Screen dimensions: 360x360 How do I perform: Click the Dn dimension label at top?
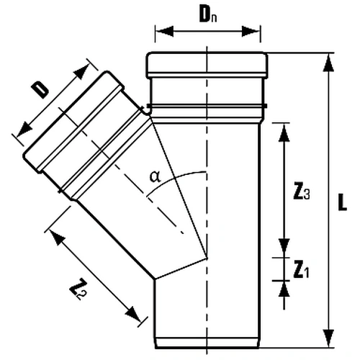(x=208, y=15)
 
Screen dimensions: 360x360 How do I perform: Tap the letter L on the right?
(x=343, y=204)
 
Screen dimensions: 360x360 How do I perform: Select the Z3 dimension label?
(x=302, y=192)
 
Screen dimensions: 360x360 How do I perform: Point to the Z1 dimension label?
(x=301, y=271)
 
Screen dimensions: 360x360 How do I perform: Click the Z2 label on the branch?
(x=78, y=289)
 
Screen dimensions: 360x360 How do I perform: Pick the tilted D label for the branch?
(x=40, y=90)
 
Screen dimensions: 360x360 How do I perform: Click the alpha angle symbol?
(x=155, y=177)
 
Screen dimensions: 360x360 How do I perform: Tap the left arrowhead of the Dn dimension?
(x=165, y=31)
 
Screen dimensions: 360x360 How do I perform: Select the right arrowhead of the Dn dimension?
(x=251, y=31)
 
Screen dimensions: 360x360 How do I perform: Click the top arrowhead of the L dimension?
(x=328, y=63)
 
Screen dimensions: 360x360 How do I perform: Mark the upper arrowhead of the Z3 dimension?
(x=284, y=132)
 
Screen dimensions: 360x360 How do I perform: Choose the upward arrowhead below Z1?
(x=284, y=289)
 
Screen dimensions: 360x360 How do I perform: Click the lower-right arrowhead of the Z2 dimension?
(x=133, y=314)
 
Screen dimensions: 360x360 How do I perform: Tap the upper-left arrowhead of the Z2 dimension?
(x=57, y=237)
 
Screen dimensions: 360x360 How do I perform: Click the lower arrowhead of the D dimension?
(x=24, y=130)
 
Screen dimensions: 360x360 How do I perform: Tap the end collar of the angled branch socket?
(x=73, y=121)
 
